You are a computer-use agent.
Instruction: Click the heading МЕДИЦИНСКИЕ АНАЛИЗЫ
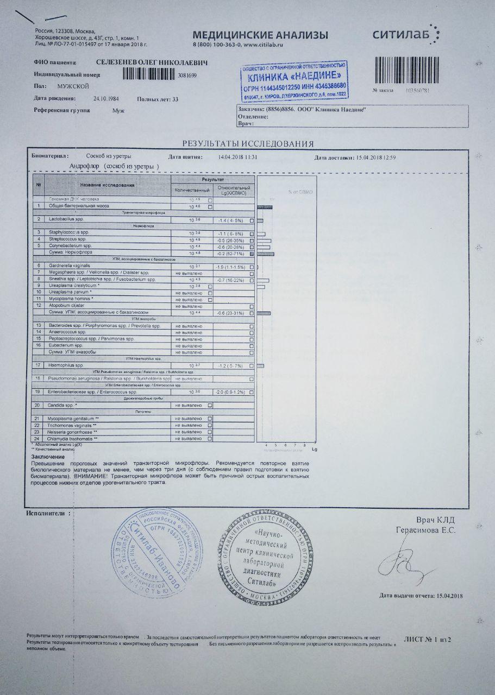click(260, 35)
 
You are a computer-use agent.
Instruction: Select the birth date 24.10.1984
click(106, 99)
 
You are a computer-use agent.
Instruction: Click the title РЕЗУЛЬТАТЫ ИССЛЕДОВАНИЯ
click(248, 144)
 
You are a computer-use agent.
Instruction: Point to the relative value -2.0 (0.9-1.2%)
click(231, 391)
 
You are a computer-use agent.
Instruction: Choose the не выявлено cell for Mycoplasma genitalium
click(188, 419)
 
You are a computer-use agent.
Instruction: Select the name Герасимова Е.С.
click(425, 529)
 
